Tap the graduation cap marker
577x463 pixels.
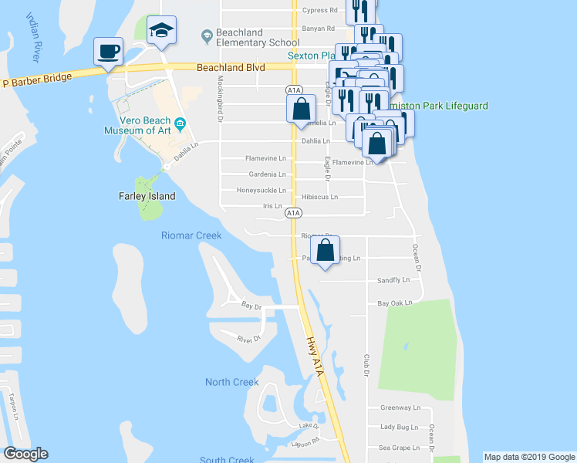point(160,30)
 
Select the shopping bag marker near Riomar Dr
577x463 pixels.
point(325,250)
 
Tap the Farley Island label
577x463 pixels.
point(147,196)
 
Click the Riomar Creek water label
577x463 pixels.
point(191,235)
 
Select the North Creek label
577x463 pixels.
point(232,382)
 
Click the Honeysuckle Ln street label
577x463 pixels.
point(261,191)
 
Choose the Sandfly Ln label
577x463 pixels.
point(393,280)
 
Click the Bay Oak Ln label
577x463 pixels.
point(394,304)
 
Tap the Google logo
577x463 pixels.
point(25,454)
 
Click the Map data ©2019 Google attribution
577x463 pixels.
point(528,457)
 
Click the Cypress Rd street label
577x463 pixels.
point(320,11)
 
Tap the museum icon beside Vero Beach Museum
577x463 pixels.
point(180,123)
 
